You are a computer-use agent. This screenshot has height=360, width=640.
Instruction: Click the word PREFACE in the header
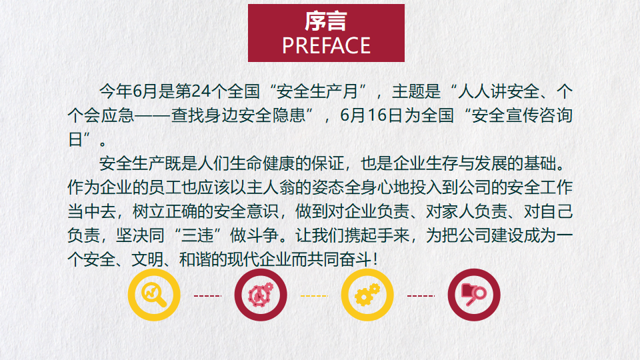pos(326,45)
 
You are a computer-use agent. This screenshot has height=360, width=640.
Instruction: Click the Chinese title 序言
pos(326,21)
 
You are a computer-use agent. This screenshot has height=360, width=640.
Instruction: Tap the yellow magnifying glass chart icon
pos(154,295)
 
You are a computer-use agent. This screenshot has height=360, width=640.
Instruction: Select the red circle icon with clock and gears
pos(261,295)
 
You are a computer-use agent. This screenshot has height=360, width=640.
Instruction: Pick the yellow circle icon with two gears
pos(367,295)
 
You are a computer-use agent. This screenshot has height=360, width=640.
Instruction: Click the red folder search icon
pos(474,295)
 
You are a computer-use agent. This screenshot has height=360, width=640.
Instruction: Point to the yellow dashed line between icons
pos(314,296)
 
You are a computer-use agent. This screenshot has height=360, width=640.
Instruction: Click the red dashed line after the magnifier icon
pos(207,296)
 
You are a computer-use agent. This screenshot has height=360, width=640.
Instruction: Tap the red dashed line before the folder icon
pos(421,296)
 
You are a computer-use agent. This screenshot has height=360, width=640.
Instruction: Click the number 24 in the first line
pos(201,91)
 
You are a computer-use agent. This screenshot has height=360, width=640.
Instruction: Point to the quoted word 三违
pos(197,235)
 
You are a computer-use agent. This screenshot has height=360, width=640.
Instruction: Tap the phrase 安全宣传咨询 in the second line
pos(522,115)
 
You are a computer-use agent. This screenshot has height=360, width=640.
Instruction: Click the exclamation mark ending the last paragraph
pos(375,259)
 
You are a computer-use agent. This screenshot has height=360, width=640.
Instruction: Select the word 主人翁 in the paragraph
pos(271,188)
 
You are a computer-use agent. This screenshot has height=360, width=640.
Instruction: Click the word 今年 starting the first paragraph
pos(115,91)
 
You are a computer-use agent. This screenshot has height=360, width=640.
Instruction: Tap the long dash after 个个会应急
pos(152,116)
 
